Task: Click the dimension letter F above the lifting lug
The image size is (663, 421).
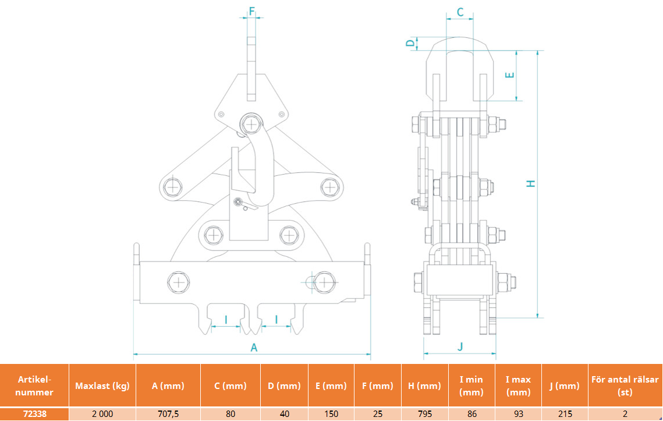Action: (x=252, y=11)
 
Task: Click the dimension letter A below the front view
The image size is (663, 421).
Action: (x=254, y=348)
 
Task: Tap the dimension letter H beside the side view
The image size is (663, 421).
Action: (x=531, y=183)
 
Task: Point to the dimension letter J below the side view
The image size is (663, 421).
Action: (x=460, y=347)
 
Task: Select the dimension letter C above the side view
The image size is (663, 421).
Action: (x=460, y=12)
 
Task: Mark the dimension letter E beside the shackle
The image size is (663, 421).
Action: (x=510, y=75)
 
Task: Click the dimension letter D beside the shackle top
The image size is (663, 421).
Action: (x=410, y=43)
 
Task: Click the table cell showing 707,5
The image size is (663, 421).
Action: (x=168, y=414)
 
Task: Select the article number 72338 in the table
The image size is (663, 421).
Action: (x=35, y=414)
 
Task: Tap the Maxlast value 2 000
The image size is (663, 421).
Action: (x=102, y=414)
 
